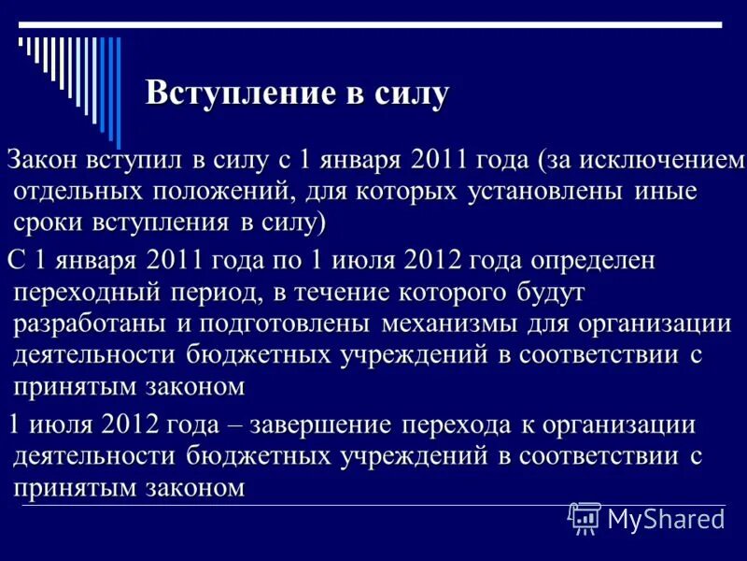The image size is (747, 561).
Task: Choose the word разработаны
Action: [89, 324]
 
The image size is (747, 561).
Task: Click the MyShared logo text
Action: [664, 518]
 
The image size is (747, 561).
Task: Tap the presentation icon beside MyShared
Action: [585, 517]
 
